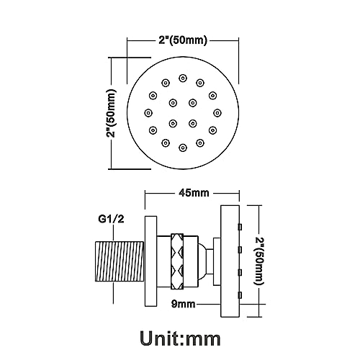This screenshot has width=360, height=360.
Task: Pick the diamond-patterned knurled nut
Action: click(184, 259)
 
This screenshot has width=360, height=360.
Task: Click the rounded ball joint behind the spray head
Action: click(209, 259)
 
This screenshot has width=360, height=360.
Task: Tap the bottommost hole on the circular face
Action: click(183, 147)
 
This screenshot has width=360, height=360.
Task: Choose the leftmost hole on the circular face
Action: click(148, 112)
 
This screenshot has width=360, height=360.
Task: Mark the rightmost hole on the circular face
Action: click(217, 112)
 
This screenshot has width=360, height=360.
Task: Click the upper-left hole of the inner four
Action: click(173, 102)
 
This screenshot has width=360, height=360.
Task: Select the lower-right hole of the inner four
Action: click(193, 123)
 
